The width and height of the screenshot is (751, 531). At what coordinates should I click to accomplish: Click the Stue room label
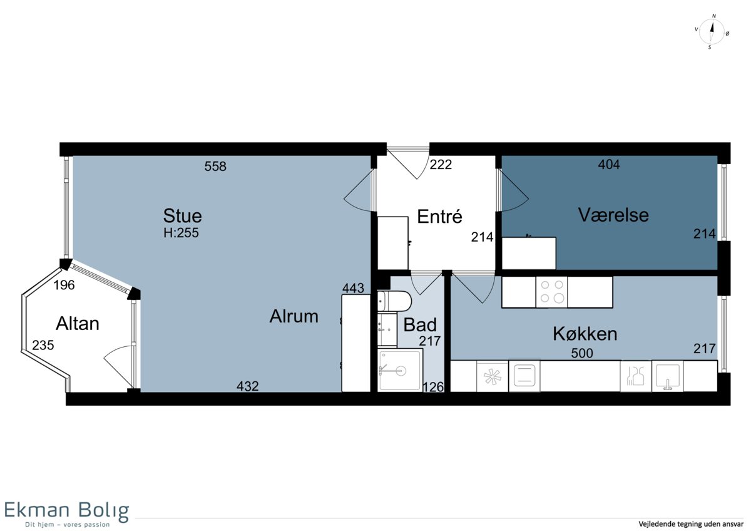pos(182,215)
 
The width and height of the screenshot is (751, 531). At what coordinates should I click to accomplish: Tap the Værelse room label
pos(613,215)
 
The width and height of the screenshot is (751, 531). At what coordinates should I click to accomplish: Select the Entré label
pos(439,216)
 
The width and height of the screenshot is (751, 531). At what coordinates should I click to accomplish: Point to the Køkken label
pos(585,334)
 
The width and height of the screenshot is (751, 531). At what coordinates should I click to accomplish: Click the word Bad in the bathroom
pos(420,325)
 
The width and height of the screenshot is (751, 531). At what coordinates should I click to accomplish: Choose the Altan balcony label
pos(78,324)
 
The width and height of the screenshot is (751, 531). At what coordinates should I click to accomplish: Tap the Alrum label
pos(294,316)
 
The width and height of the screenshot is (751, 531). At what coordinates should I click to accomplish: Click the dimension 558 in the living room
pos(215,166)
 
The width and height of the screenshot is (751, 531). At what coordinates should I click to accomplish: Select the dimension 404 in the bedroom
pos(609,164)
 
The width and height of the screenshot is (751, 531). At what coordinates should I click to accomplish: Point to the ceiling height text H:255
pos(181,233)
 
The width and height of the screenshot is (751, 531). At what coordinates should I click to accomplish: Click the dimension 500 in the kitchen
pos(582,353)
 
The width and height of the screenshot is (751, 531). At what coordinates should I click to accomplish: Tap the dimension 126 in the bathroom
pos(433,387)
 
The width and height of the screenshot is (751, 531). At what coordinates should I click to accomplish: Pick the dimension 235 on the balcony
pos(43,345)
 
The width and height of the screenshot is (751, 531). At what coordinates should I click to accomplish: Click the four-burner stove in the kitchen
pos(551,292)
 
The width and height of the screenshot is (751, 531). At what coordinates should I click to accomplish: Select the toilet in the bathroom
pos(394,301)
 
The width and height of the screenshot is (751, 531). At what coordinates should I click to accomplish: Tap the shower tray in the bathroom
pos(400,369)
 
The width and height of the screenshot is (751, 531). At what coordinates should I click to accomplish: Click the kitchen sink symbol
pos(668,376)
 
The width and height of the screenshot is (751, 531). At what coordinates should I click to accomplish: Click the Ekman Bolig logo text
pos(66,511)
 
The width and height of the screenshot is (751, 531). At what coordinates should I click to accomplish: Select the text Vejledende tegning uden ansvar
pos(691,524)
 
